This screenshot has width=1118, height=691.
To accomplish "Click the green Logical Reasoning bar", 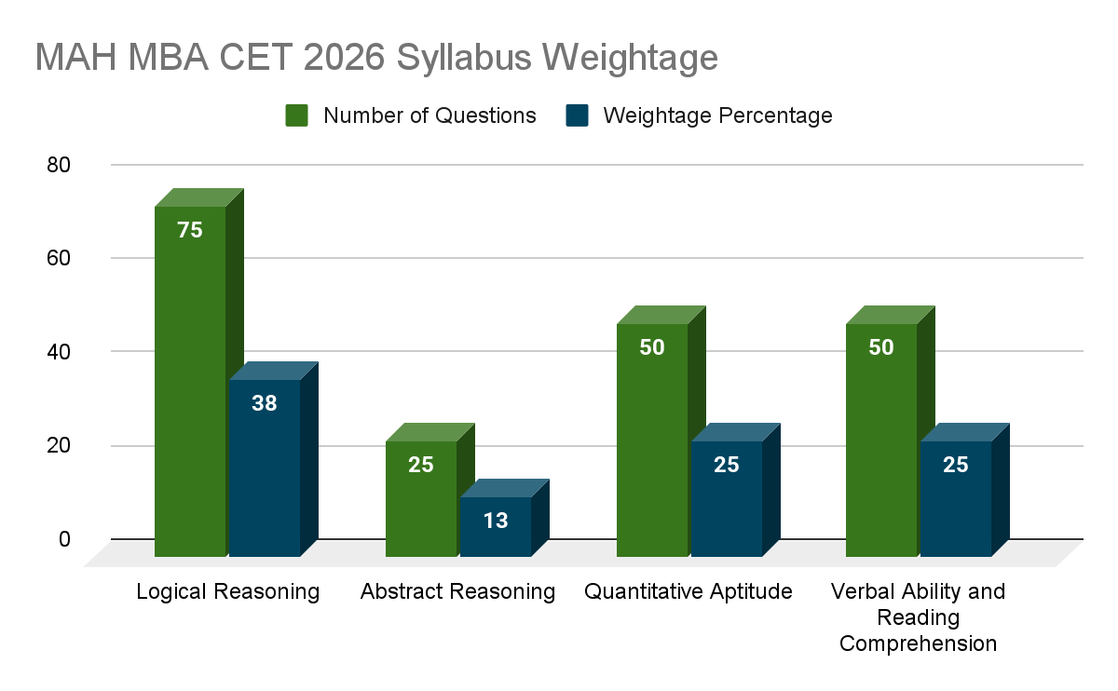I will click(x=190, y=382).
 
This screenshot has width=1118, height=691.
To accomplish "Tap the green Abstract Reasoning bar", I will click(x=421, y=499).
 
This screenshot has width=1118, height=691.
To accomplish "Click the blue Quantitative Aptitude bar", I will click(x=726, y=499).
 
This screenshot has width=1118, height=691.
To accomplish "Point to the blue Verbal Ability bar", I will click(x=956, y=499).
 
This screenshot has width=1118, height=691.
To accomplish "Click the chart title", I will click(x=376, y=58).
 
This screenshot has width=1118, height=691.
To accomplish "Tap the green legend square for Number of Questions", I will click(x=297, y=115).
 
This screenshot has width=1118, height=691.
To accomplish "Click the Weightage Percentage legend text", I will click(x=717, y=115).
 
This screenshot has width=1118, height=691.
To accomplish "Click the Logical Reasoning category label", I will click(x=228, y=591).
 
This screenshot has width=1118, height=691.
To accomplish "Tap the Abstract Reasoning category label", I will click(x=457, y=591).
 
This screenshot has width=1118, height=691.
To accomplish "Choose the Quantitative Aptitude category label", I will click(x=689, y=591).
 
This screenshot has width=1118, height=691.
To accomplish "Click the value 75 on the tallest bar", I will click(x=190, y=230).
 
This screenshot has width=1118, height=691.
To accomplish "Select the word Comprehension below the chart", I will click(x=918, y=644).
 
